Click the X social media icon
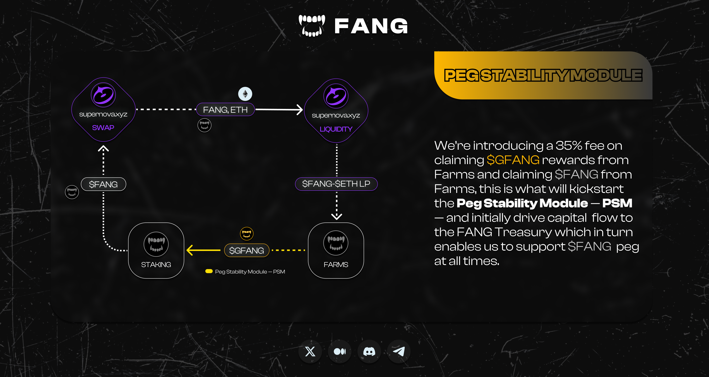click(x=310, y=352)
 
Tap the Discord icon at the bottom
click(x=369, y=352)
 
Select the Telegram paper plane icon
click(x=399, y=352)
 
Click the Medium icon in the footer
click(x=340, y=352)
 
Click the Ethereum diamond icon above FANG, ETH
click(x=245, y=94)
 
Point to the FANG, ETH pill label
click(x=225, y=110)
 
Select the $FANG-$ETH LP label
click(x=336, y=184)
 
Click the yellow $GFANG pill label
click(x=247, y=250)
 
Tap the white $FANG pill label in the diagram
click(x=103, y=184)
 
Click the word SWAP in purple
click(x=103, y=128)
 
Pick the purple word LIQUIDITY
click(x=336, y=129)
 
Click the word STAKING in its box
click(x=156, y=265)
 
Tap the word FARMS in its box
click(x=336, y=265)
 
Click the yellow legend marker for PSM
click(x=209, y=271)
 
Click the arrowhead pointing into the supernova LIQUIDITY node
click(x=299, y=110)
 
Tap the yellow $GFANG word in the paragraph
click(x=513, y=160)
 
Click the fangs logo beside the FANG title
click(x=312, y=26)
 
